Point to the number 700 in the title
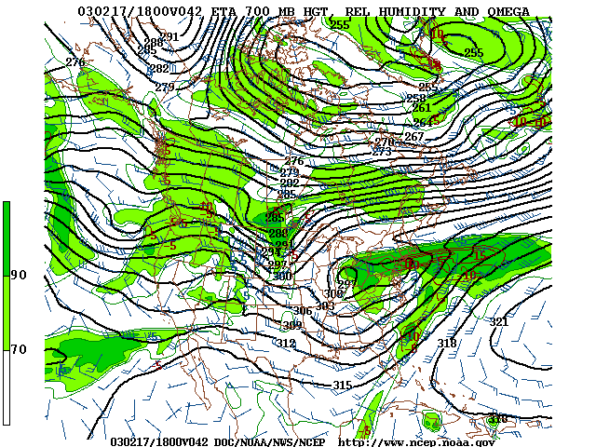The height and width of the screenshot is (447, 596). pos(224,11)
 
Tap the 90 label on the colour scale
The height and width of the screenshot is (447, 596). pos(19,275)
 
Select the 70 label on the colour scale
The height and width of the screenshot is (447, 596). pos(19,349)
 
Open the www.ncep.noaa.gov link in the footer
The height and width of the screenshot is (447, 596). pos(416,441)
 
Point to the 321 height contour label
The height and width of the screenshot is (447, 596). pos(499,322)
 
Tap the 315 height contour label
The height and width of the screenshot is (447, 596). pos(343,386)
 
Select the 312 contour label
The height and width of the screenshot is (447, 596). pos(286,344)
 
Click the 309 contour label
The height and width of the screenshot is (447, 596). pos(292,326)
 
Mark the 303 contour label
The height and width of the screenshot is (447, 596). pos(324,306)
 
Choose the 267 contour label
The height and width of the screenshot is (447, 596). pos(413,137)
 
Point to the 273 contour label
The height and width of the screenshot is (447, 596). pos(382,152)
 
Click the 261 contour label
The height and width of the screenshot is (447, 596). pos(421,109)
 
